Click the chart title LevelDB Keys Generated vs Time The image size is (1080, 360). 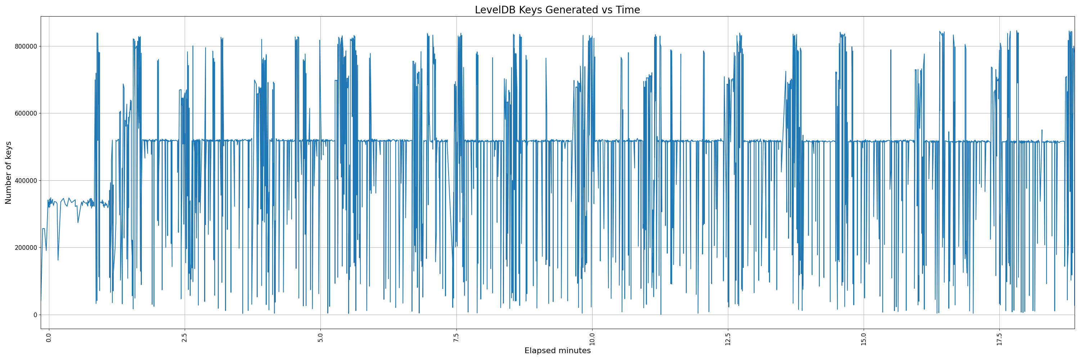557,10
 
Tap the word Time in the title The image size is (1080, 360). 627,10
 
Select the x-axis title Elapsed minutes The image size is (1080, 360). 557,351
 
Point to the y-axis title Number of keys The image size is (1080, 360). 8,173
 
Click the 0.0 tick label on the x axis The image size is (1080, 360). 49,338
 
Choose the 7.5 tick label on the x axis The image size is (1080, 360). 456,338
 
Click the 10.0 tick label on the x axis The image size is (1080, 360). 592,339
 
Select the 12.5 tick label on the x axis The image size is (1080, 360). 728,339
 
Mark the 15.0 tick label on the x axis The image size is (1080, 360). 864,339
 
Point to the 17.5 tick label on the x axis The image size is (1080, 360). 999,339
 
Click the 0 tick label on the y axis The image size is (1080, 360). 35,315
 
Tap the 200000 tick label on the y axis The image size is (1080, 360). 26,248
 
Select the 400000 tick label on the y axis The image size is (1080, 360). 26,181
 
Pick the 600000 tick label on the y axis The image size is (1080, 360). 26,113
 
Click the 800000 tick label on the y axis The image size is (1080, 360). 26,46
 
